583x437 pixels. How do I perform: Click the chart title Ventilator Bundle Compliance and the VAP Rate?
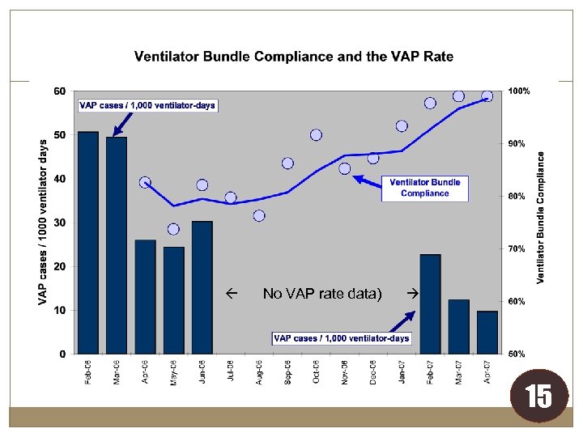(293, 57)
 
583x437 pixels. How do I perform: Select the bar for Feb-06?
(88, 243)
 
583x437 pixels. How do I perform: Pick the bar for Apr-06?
(145, 296)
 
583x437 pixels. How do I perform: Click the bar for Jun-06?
(202, 287)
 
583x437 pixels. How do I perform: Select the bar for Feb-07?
(430, 303)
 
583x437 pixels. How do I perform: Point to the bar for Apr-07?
(487, 332)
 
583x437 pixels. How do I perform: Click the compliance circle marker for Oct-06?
(316, 134)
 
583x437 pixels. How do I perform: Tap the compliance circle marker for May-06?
(173, 229)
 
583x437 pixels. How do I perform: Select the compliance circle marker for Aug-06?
(259, 216)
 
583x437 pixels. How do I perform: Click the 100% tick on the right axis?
(518, 91)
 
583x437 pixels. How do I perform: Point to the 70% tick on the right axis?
(517, 248)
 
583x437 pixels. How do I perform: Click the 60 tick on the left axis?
(60, 91)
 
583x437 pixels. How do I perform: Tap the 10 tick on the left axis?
(60, 310)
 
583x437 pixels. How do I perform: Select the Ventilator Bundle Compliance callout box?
(424, 188)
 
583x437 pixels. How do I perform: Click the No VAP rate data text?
(322, 293)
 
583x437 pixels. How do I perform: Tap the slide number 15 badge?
(538, 397)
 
